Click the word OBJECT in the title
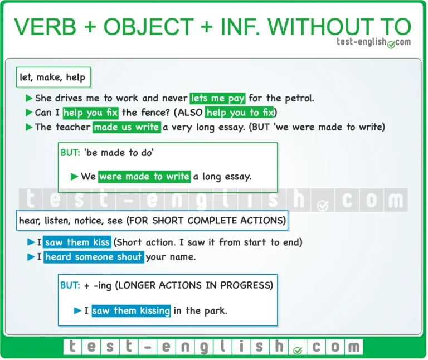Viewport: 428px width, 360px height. click(x=148, y=27)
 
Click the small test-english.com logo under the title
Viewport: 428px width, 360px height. click(x=373, y=42)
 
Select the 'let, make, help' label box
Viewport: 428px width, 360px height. click(x=53, y=77)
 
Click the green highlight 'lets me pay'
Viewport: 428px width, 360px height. click(x=217, y=98)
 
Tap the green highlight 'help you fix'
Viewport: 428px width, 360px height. click(x=91, y=113)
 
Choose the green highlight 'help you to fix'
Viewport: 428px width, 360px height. click(x=240, y=113)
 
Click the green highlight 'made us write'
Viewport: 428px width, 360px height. click(x=127, y=127)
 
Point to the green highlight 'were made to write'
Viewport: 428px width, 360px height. click(x=144, y=177)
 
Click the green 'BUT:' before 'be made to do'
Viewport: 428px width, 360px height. click(x=70, y=153)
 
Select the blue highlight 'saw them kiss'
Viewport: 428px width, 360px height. click(x=77, y=242)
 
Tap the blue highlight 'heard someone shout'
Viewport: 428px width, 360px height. click(x=94, y=257)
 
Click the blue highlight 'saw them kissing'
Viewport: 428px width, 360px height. click(x=131, y=310)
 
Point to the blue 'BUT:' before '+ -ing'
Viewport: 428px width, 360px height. click(x=70, y=285)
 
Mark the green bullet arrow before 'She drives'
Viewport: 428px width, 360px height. click(x=29, y=98)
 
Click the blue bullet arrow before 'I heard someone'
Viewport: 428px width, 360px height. click(x=31, y=257)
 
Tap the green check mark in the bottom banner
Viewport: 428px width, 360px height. click(x=298, y=351)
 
